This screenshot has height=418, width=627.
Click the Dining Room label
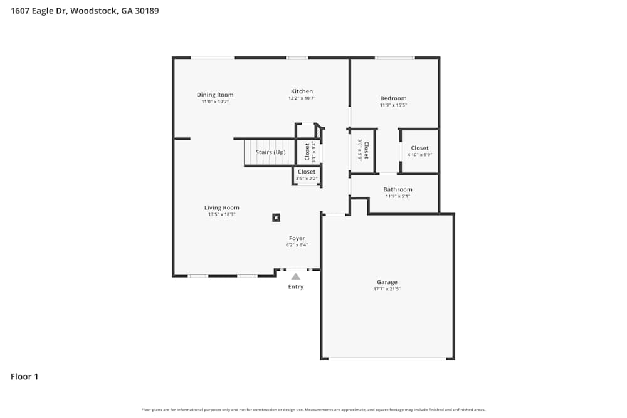(215, 95)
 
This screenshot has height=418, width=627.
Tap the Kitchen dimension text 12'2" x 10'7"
(302, 98)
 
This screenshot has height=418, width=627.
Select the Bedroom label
(393, 98)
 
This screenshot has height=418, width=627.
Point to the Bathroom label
(398, 189)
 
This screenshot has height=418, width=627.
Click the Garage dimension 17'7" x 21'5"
(387, 289)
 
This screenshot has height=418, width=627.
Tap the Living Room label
(221, 207)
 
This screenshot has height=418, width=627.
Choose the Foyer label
(297, 238)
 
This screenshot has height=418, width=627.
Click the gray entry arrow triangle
(295, 276)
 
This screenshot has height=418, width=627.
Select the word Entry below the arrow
(295, 287)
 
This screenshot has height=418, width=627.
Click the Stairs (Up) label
(270, 152)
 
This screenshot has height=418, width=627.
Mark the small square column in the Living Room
(276, 217)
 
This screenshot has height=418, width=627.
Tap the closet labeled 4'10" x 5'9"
(419, 151)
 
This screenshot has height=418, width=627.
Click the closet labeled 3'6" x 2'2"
(307, 175)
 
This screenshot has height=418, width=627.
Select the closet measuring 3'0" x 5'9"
(363, 150)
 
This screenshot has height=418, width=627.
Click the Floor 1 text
(24, 377)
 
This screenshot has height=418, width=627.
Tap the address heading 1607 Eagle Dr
(85, 11)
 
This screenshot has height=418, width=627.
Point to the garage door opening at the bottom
(387, 359)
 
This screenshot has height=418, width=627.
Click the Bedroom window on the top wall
(394, 58)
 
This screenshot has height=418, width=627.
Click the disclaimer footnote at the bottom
(313, 410)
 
